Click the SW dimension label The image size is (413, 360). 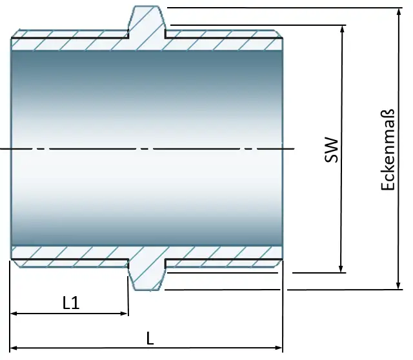click(x=332, y=149)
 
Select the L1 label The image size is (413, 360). click(x=71, y=303)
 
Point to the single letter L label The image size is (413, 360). click(x=150, y=337)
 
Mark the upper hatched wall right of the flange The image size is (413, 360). click(x=223, y=42)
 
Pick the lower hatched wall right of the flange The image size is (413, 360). click(x=223, y=254)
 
